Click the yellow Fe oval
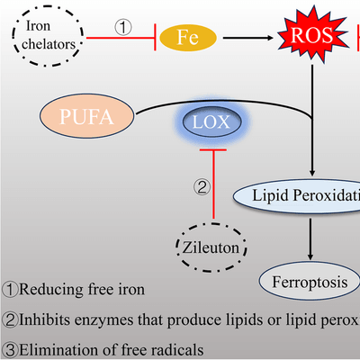pos(188,38)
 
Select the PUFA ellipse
pos(87,116)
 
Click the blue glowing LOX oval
pos(212,121)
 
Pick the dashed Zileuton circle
pos(211,247)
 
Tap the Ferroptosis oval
pos(310,282)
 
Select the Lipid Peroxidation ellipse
pos(297,196)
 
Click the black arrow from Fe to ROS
pos(248,38)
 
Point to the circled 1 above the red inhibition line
pos(123,27)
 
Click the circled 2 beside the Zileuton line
pos(202,187)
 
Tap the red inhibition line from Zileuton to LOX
pos(213,184)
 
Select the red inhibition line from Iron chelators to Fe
pos(121,38)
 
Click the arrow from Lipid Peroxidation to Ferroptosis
pos(310,239)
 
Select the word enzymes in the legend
pos(104,320)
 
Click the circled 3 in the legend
pos(10,350)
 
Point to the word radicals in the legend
pos(177,350)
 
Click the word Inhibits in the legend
pos(45,319)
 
